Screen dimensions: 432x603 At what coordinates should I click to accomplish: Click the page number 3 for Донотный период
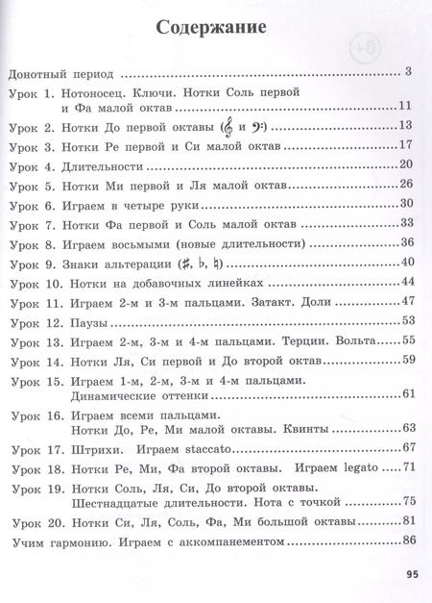click(x=408, y=70)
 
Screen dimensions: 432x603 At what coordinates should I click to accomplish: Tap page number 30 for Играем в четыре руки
click(x=404, y=203)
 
